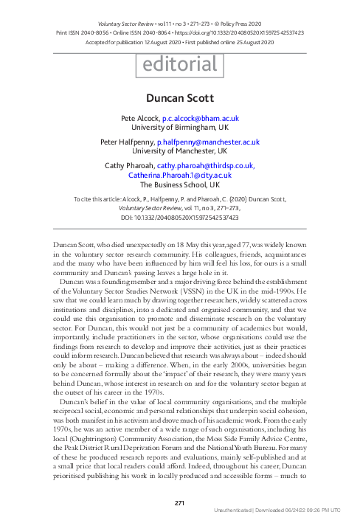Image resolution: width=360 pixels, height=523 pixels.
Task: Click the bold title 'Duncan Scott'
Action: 180,97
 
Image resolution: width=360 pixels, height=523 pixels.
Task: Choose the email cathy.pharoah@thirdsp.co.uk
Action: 211,166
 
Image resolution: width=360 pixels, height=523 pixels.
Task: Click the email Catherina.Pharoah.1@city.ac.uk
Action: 180,176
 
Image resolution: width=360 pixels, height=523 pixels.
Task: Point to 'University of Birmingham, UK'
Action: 180,127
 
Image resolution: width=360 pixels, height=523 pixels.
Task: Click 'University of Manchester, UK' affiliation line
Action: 180,151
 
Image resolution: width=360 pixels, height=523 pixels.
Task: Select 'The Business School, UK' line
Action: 180,185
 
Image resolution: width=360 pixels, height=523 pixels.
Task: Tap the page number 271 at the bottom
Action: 180,503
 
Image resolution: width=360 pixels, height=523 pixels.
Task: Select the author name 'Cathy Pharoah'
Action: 131,166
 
